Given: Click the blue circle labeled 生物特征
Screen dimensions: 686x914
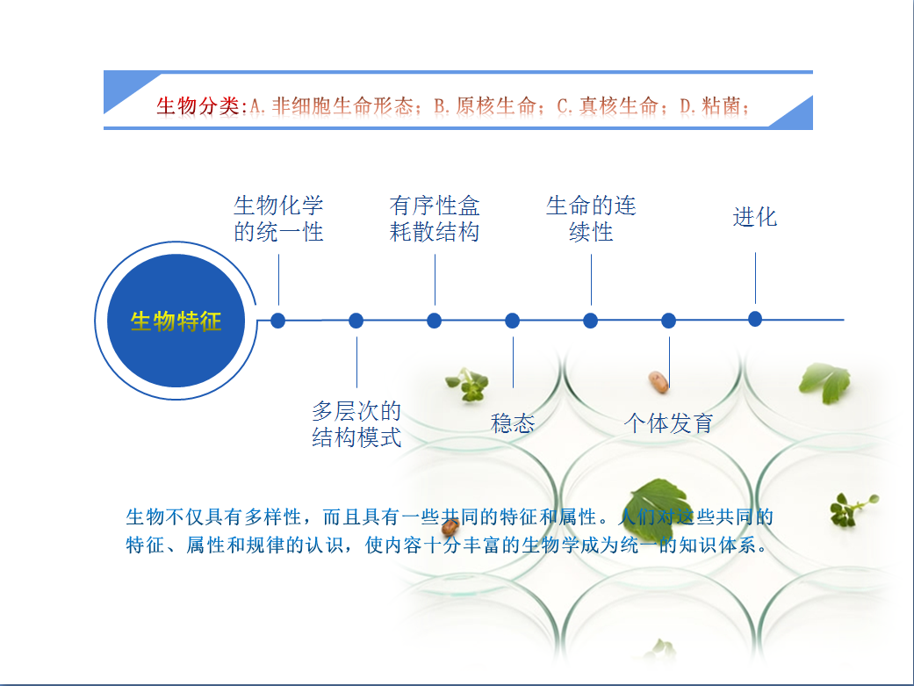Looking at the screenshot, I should click(176, 321).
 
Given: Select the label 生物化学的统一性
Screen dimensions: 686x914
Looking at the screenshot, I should click(278, 219).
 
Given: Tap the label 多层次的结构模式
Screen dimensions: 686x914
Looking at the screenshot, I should click(356, 424).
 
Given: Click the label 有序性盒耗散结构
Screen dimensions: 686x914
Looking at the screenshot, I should click(435, 219).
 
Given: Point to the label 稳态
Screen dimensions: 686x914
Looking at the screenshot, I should click(513, 423).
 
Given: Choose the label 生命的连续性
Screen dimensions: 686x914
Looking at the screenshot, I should click(591, 219).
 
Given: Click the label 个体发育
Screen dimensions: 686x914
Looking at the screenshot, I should click(668, 423).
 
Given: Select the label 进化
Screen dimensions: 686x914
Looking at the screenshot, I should click(755, 217).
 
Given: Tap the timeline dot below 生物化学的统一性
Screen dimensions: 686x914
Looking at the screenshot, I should click(278, 321).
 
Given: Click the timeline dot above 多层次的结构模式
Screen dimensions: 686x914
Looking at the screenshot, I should click(356, 321).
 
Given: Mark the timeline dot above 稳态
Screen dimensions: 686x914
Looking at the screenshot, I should click(513, 321).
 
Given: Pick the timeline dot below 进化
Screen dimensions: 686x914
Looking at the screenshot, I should click(755, 319).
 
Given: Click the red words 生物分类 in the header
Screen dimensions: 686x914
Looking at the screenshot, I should click(198, 107).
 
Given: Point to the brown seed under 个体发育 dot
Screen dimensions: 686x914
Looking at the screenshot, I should click(658, 380).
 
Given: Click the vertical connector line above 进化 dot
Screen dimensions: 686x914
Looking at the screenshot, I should click(755, 277).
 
